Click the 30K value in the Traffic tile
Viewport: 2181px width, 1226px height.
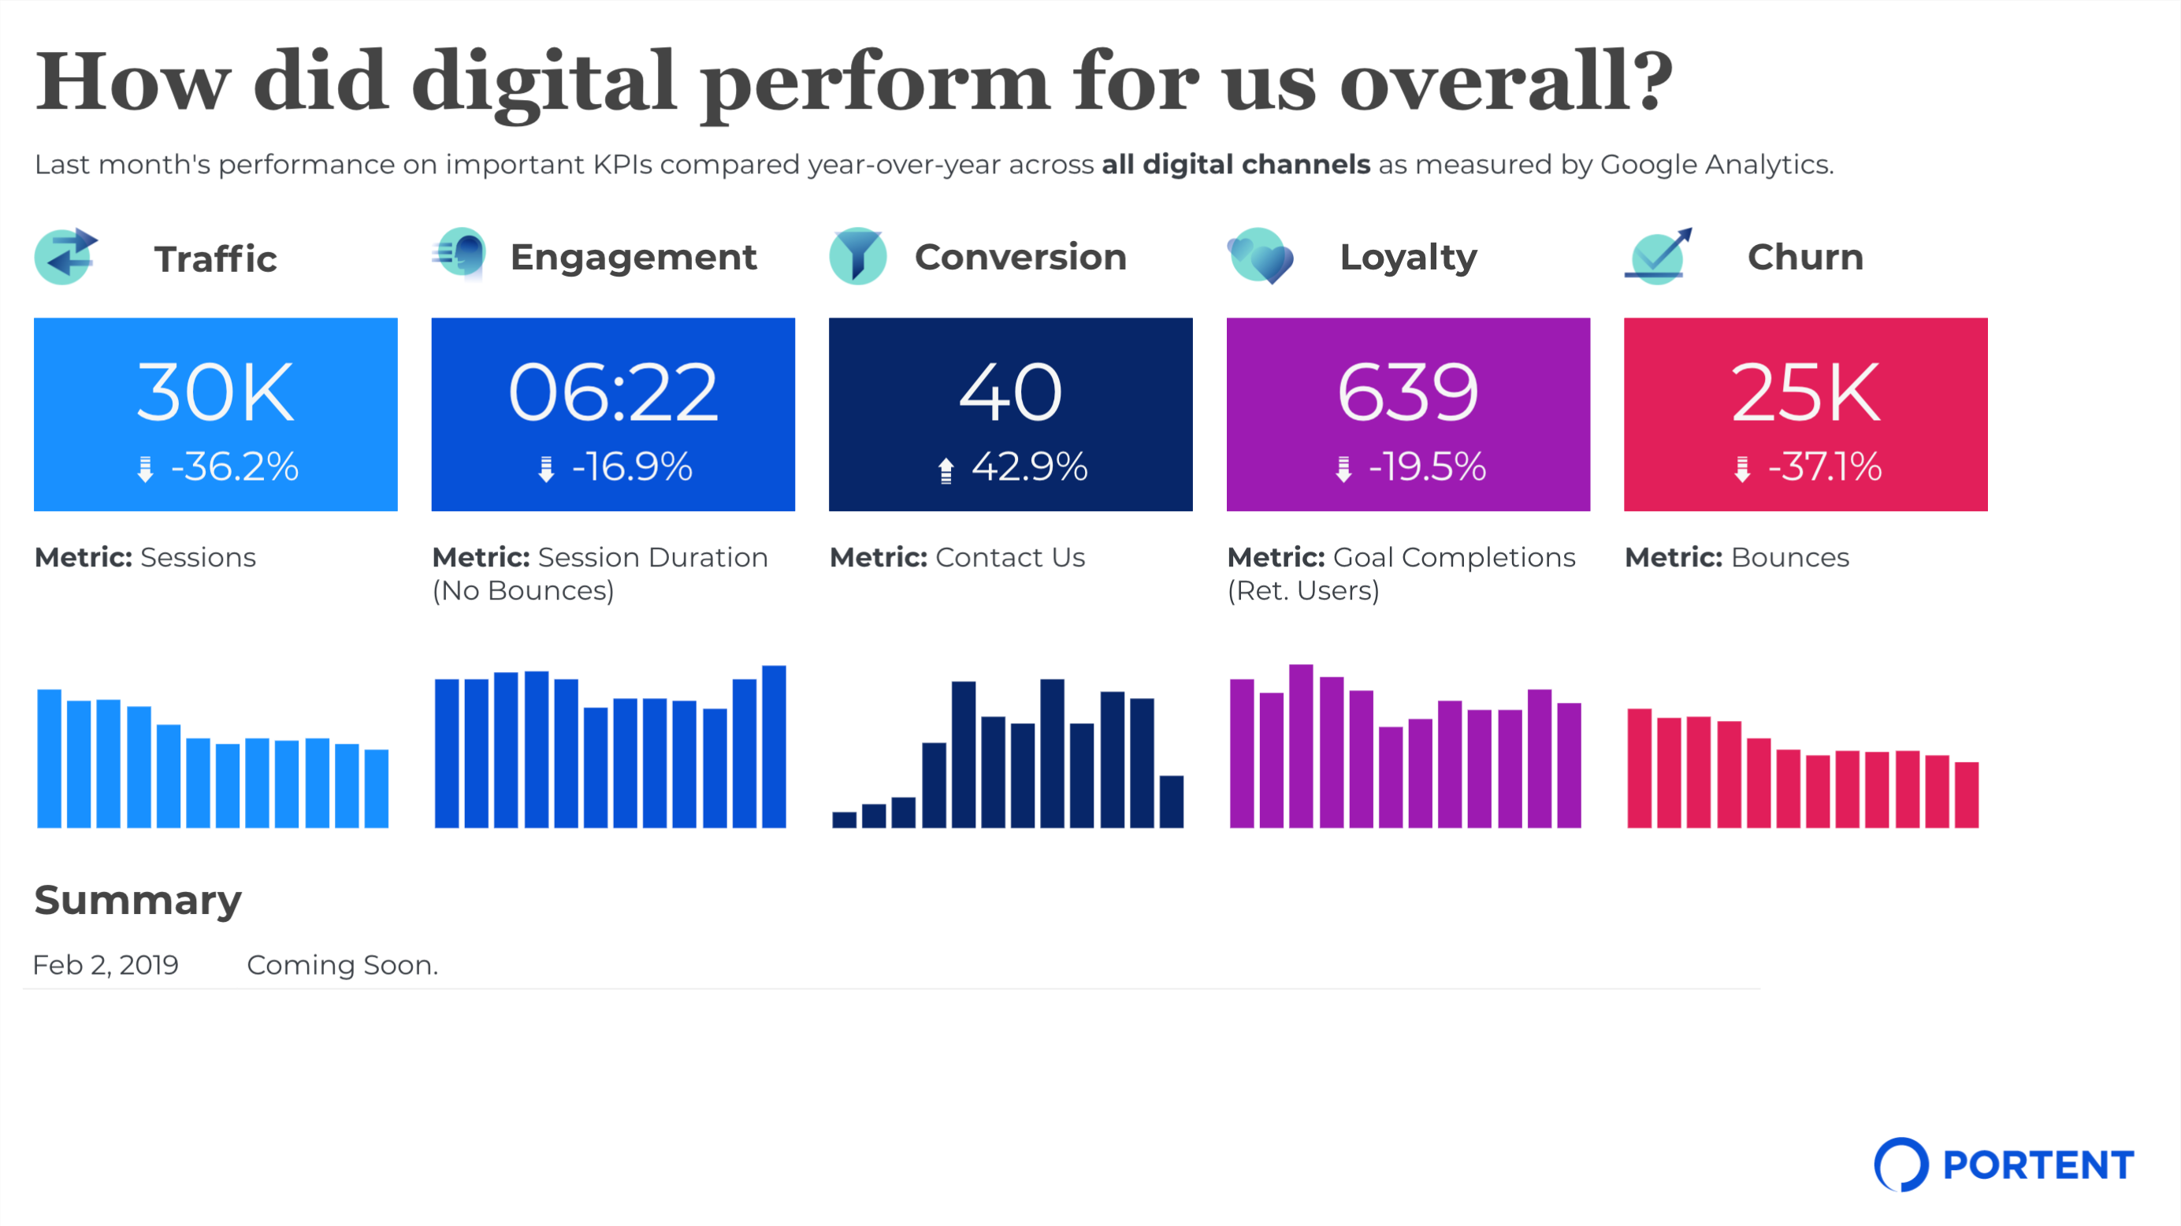pyautogui.click(x=215, y=392)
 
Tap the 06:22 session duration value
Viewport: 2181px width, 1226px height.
pyautogui.click(x=613, y=392)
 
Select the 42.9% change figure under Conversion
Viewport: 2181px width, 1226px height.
pyautogui.click(x=1029, y=466)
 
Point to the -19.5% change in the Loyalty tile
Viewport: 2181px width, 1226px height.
pyautogui.click(x=1427, y=466)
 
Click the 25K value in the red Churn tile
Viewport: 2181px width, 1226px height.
pyautogui.click(x=1805, y=392)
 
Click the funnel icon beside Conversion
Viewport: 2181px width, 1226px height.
pyautogui.click(x=858, y=256)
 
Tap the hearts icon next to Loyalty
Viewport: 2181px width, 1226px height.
pyautogui.click(x=1260, y=256)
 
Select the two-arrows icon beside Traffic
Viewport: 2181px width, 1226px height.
pyautogui.click(x=65, y=256)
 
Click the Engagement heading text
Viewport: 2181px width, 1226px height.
pyautogui.click(x=633, y=258)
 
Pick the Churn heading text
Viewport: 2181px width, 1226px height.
pyautogui.click(x=1805, y=258)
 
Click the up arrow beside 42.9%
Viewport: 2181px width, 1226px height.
pyautogui.click(x=946, y=470)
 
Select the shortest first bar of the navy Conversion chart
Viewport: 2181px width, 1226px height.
pyautogui.click(x=843, y=819)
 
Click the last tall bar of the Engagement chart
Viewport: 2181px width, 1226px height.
pyautogui.click(x=774, y=747)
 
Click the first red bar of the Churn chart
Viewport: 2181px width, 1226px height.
pyautogui.click(x=1639, y=768)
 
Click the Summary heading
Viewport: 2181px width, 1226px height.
pyautogui.click(x=137, y=900)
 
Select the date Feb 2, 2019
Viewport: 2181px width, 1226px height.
pyautogui.click(x=105, y=965)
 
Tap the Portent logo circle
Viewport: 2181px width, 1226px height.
pyautogui.click(x=1900, y=1165)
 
